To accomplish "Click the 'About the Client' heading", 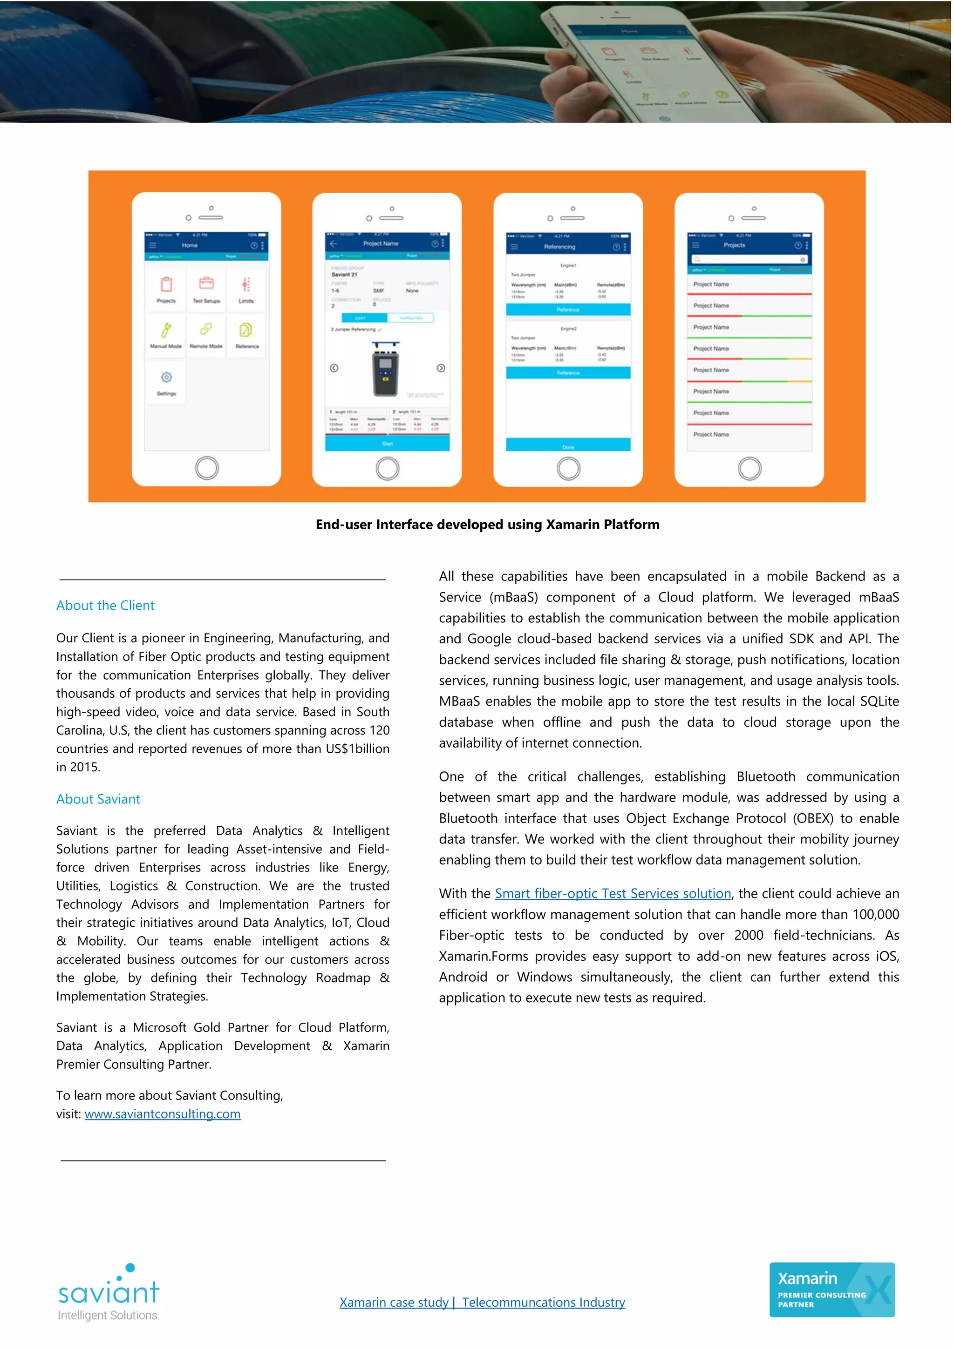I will pos(105,605).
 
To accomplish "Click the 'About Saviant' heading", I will pos(98,799).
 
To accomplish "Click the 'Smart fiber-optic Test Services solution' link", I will pos(613,894).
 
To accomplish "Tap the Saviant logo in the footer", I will pos(109,1293).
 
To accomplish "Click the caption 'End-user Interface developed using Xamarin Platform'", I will pos(487,525).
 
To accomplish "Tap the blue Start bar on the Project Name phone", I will pos(388,444).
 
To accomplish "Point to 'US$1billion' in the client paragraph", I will pos(357,749).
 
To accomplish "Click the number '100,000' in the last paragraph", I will pos(876,915).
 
